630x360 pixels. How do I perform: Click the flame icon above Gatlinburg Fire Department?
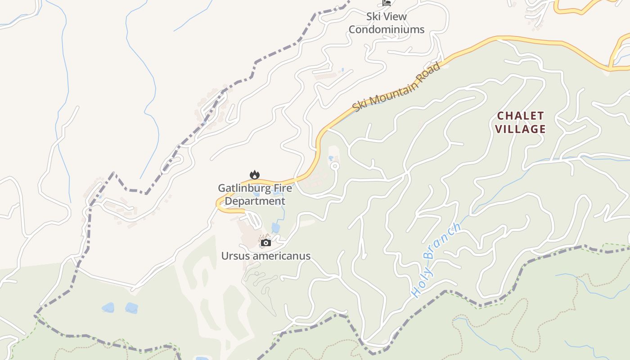[255, 175]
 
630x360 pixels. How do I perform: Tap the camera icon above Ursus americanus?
[266, 243]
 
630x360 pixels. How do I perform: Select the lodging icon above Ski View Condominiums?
[386, 3]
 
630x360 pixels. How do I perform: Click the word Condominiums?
[387, 30]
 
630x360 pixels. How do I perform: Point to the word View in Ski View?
[396, 17]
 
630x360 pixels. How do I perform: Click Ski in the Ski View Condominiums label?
[374, 17]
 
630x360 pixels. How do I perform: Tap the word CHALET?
[520, 116]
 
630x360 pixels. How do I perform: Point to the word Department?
[255, 201]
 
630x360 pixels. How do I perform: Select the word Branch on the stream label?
[443, 241]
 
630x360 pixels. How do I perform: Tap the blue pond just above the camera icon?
[275, 228]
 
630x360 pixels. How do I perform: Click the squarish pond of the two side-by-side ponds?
[131, 308]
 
